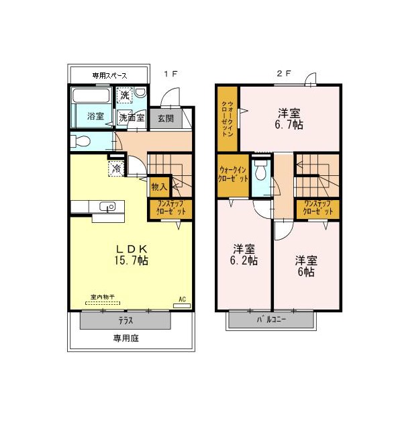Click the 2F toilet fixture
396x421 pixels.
(x=260, y=170)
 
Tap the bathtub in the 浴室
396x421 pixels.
(x=91, y=95)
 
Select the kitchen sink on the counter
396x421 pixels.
(x=107, y=207)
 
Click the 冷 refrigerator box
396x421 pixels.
(x=117, y=169)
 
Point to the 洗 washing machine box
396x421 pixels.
(x=125, y=95)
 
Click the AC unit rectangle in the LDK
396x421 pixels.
(x=182, y=306)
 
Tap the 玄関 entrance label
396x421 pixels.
(x=166, y=118)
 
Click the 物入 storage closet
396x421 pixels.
(x=160, y=187)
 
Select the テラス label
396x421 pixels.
(x=126, y=320)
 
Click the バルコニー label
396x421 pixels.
(x=271, y=320)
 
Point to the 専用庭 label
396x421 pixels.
(x=126, y=338)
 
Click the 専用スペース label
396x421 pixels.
(x=109, y=76)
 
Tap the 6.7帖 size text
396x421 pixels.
(x=289, y=125)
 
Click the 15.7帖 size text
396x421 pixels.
(x=132, y=260)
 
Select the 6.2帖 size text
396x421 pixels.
(x=244, y=261)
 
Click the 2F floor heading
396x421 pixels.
(x=284, y=73)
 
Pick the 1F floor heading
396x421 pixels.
(x=170, y=74)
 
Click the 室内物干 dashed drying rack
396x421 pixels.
(x=103, y=303)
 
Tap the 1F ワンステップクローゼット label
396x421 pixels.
(x=171, y=208)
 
